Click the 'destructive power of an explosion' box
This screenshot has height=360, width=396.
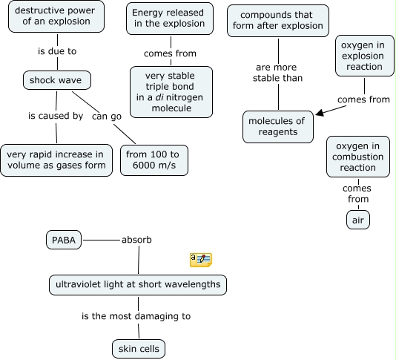click(57, 17)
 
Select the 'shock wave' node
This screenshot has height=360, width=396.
click(56, 79)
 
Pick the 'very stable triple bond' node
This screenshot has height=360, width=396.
click(171, 92)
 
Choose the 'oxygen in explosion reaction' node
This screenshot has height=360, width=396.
click(363, 56)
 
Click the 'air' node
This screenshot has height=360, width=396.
click(357, 220)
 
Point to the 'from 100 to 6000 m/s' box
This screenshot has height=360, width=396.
click(154, 160)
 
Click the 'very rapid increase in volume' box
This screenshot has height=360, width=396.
click(56, 160)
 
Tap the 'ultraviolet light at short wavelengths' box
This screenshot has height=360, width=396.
click(138, 284)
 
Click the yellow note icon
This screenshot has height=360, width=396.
click(200, 259)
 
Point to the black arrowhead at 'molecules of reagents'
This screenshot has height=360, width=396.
click(320, 114)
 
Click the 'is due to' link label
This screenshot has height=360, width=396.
click(57, 52)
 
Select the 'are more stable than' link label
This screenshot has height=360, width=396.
click(278, 72)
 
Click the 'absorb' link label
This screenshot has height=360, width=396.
click(136, 240)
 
